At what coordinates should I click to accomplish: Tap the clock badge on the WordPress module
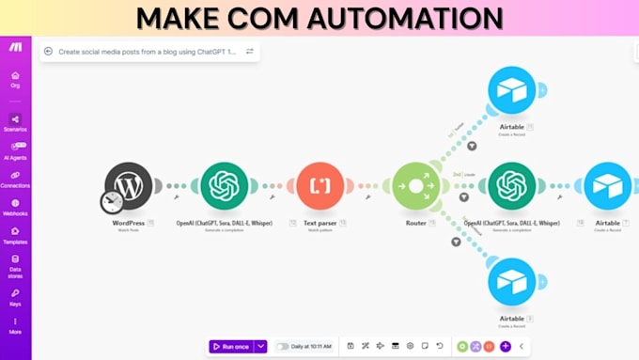(x=112, y=201)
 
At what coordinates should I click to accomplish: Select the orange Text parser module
(x=319, y=186)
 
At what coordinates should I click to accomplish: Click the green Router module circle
(x=415, y=186)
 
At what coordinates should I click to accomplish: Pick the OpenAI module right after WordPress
(x=225, y=186)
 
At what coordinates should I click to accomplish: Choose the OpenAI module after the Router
(x=511, y=186)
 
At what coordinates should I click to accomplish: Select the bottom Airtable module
(x=511, y=282)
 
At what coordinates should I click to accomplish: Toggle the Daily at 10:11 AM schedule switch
(x=282, y=346)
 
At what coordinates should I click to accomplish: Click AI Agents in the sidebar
(x=15, y=150)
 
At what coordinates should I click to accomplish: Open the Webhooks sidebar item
(x=15, y=207)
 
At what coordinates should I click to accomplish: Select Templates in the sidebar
(x=15, y=235)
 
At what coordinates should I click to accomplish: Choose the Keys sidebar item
(x=15, y=296)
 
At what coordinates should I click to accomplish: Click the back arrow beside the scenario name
(x=48, y=52)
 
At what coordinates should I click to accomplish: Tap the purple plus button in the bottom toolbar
(x=506, y=346)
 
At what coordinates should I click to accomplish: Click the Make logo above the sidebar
(x=15, y=47)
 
